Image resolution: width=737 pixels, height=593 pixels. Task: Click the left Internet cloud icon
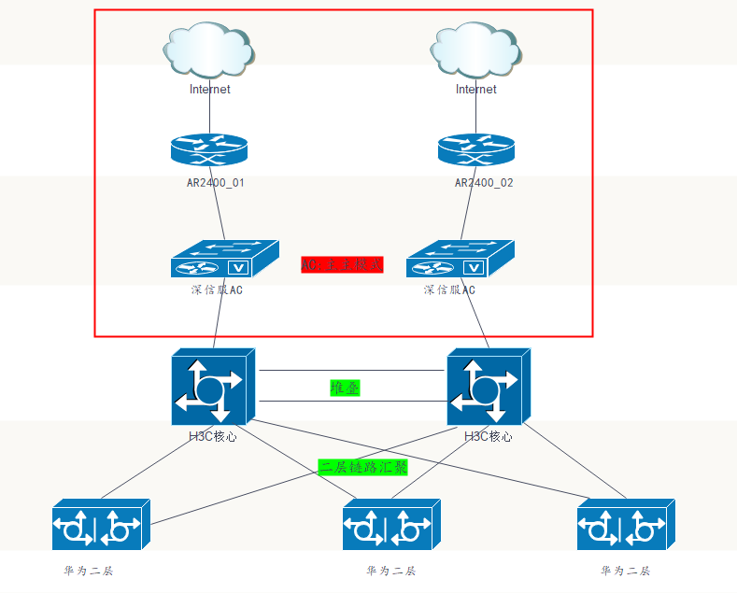(x=209, y=52)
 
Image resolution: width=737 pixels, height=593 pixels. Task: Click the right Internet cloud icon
(x=475, y=52)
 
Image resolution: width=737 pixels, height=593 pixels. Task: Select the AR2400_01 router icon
(x=209, y=150)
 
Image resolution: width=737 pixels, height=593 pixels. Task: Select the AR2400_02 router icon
(x=475, y=150)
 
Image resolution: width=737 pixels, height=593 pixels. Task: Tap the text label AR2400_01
(x=216, y=183)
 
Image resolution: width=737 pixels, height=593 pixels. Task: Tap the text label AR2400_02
(x=484, y=183)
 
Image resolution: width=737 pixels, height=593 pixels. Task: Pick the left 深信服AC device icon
(x=224, y=259)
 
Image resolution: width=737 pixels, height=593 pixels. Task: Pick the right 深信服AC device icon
(x=460, y=259)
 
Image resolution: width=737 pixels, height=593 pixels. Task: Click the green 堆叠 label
(x=345, y=388)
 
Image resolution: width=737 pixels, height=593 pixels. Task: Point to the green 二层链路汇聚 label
(x=364, y=467)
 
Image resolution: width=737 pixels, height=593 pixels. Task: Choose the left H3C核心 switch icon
(x=212, y=388)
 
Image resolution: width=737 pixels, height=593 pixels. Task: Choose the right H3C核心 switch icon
(x=489, y=388)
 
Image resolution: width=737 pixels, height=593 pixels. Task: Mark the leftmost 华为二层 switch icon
(x=100, y=525)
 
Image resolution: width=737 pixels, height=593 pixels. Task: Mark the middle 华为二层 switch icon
(x=390, y=525)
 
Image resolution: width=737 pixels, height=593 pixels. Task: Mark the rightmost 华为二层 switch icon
(x=625, y=525)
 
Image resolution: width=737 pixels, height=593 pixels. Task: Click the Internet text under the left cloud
(x=209, y=90)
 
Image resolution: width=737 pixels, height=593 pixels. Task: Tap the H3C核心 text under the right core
(x=488, y=436)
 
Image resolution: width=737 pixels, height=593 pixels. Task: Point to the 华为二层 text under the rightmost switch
(x=625, y=571)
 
